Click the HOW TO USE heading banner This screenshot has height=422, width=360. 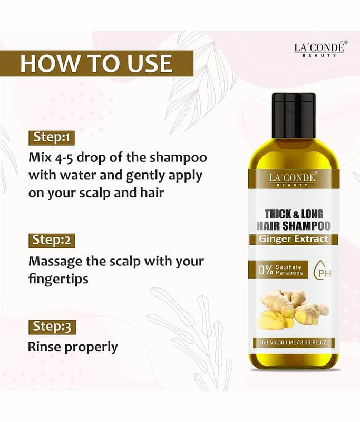(96, 63)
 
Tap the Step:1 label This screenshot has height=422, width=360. (52, 138)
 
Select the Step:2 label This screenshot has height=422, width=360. (52, 241)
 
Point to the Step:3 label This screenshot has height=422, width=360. (52, 327)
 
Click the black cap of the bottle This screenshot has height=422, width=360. (294, 116)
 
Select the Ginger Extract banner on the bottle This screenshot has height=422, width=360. (294, 239)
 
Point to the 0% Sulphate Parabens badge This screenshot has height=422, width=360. (278, 270)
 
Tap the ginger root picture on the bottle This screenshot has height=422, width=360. (293, 309)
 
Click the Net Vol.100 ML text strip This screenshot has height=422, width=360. (294, 343)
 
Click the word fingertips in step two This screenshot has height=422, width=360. (59, 279)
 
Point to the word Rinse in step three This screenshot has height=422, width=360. (45, 347)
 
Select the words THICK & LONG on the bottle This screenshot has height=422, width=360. (294, 214)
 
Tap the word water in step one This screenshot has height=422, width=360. (77, 176)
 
